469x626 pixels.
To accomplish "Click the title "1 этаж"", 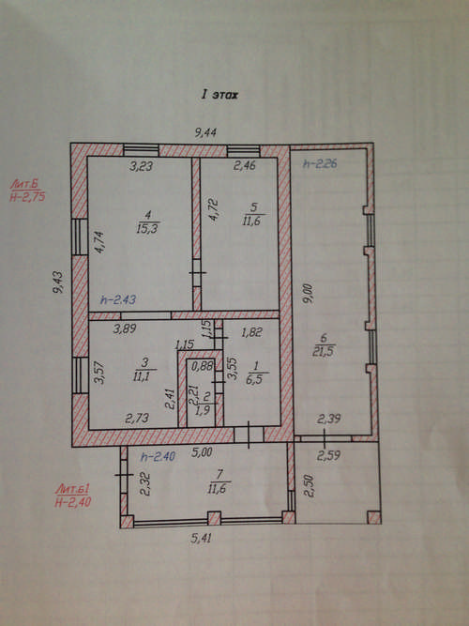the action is (x=219, y=95).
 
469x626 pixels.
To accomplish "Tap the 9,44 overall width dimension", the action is (x=205, y=132).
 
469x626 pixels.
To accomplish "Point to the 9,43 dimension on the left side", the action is (x=58, y=282).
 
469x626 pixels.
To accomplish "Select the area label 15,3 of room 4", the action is (x=148, y=229).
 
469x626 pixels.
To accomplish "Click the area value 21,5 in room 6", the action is (x=324, y=351).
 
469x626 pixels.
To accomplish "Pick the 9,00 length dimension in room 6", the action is (x=309, y=294).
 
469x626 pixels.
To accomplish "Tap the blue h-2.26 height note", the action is (x=320, y=163).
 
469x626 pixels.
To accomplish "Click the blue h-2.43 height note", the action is (x=118, y=299).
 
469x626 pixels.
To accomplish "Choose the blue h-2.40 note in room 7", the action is (x=158, y=456).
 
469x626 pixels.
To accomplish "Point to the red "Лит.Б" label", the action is (x=25, y=184).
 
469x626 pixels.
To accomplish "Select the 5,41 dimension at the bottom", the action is (x=201, y=538).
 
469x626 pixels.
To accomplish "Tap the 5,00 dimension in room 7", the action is (x=201, y=452).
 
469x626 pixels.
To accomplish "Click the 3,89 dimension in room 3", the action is (x=125, y=328).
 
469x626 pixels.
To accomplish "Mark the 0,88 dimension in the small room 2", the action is (x=202, y=366).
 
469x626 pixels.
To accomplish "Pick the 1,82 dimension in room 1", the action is (x=251, y=332).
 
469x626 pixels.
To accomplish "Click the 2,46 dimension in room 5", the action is (x=244, y=165).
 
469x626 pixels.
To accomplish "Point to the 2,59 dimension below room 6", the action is (x=328, y=455).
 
